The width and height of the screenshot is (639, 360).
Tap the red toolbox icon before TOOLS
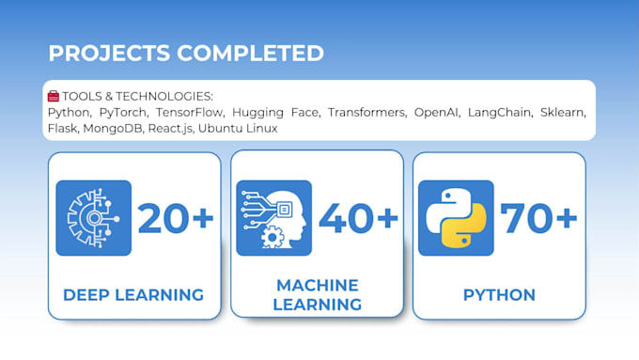tap(54, 96)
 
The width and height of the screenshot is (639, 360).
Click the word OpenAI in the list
tap(438, 112)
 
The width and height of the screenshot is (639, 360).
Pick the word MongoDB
tap(112, 128)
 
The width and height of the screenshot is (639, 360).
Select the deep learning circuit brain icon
tap(93, 218)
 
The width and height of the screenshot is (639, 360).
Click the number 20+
tap(176, 218)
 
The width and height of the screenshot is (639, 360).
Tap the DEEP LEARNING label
tap(133, 294)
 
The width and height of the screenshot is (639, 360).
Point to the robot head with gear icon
tap(273, 218)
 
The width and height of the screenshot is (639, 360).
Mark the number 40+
tap(358, 218)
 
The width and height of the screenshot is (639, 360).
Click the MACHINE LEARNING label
tap(318, 294)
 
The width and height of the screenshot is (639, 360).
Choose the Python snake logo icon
tap(456, 218)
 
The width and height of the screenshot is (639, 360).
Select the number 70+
tap(538, 218)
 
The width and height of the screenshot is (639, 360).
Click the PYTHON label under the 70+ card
tap(499, 294)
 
